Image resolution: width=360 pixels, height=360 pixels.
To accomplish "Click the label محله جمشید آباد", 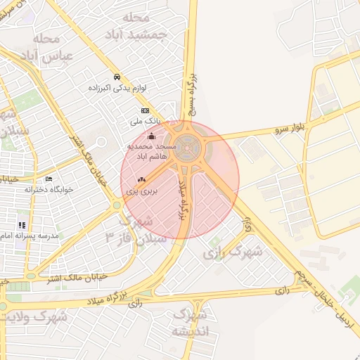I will click(x=141, y=26).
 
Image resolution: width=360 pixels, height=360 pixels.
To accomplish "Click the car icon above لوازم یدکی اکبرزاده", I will click(x=117, y=77).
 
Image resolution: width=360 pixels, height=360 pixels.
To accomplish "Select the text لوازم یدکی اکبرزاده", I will click(x=117, y=88).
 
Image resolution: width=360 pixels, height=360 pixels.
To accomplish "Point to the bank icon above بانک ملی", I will click(x=145, y=110).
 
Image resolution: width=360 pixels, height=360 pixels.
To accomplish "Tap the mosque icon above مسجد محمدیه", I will click(x=153, y=136).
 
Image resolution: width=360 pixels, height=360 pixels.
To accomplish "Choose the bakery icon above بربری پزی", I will click(x=141, y=179).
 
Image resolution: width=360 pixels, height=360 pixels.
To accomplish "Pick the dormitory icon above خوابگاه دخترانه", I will click(x=48, y=179).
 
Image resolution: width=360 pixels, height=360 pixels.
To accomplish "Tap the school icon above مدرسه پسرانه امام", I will click(x=22, y=225).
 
